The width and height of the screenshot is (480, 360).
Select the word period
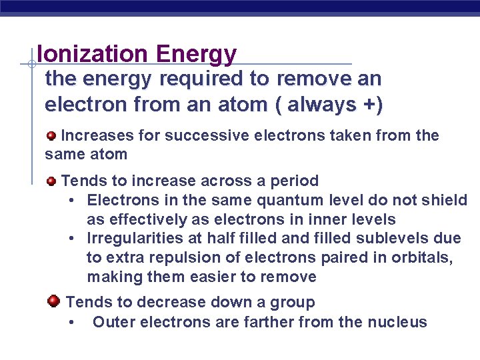[293, 181]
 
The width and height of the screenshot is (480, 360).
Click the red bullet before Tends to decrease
[53, 301]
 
